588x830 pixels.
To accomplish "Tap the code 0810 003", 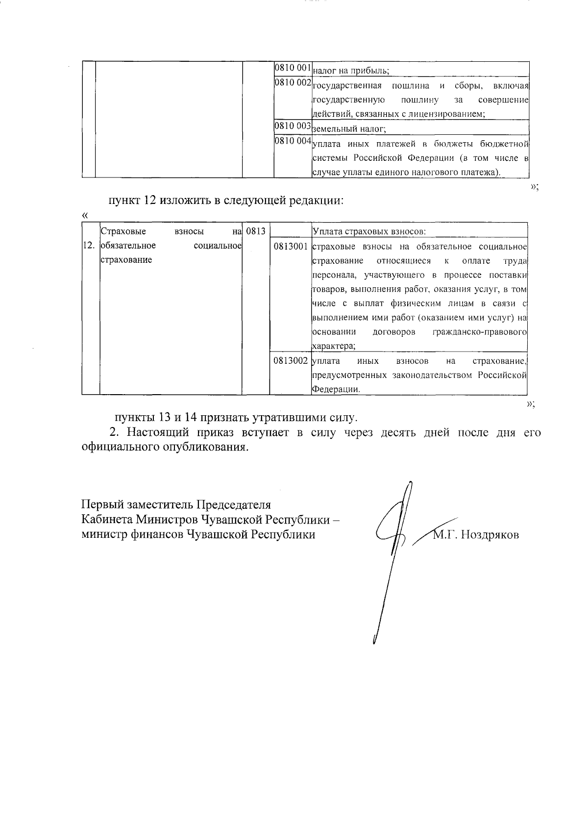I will tap(293, 126).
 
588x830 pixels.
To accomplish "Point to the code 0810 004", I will tap(293, 141).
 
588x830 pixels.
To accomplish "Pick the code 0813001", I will tap(291, 246).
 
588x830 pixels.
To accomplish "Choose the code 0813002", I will tap(291, 361).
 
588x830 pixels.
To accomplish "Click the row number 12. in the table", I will tap(89, 245).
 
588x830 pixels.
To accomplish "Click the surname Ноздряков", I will tap(490, 534).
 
